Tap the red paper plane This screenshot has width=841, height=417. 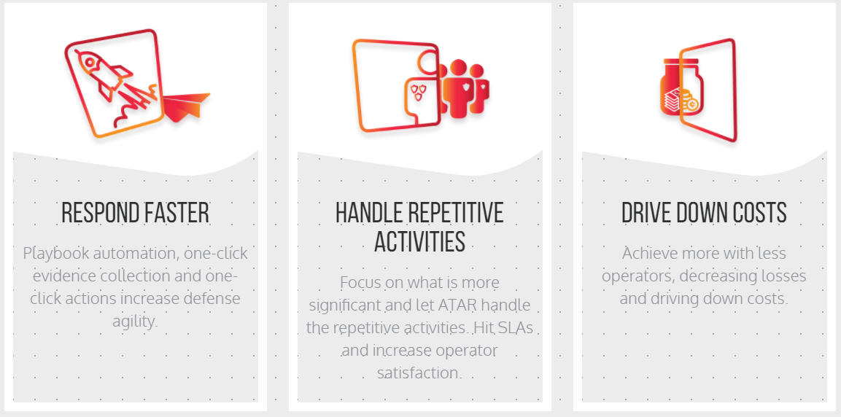click(x=185, y=107)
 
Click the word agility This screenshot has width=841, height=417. click(x=135, y=321)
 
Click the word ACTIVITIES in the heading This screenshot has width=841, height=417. click(x=419, y=242)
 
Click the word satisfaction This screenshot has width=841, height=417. click(x=419, y=373)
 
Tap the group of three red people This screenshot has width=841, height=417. click(x=463, y=88)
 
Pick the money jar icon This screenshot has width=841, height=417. click(x=681, y=87)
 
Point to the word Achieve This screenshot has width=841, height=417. click(x=648, y=252)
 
